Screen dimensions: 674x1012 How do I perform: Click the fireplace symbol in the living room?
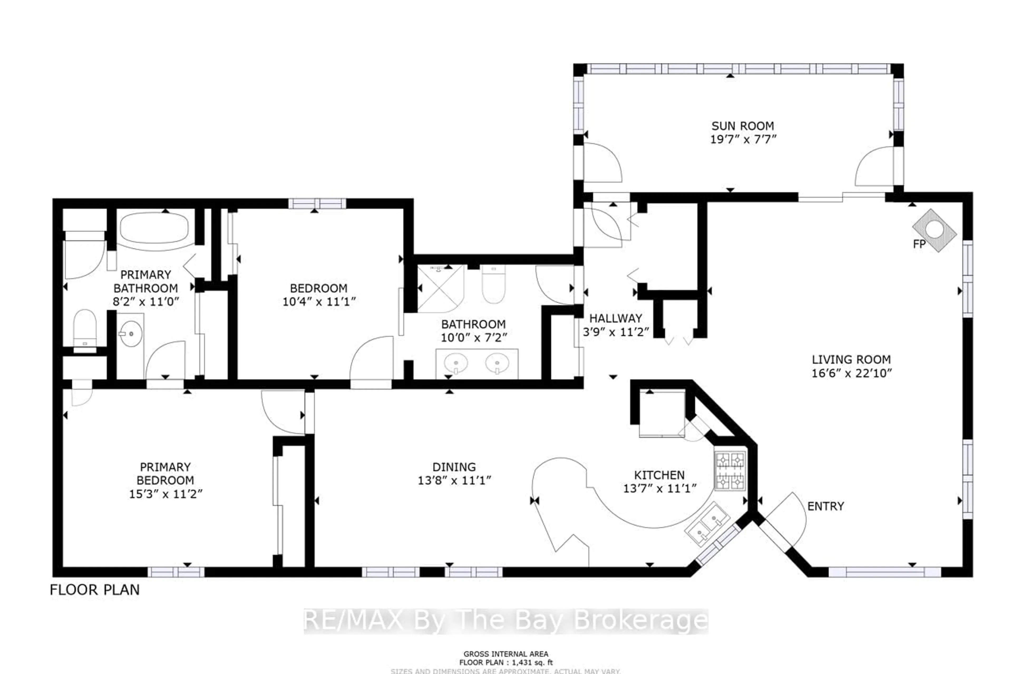click(x=934, y=230)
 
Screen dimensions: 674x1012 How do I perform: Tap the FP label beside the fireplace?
click(x=919, y=244)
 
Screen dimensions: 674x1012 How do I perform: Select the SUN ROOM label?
click(x=742, y=126)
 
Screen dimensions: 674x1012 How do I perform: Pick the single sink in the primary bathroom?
click(x=130, y=333)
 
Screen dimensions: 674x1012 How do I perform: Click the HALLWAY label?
click(x=615, y=318)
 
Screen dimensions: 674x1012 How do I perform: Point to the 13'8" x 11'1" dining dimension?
click(x=454, y=480)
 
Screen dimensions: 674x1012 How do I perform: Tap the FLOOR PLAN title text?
click(x=95, y=590)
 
